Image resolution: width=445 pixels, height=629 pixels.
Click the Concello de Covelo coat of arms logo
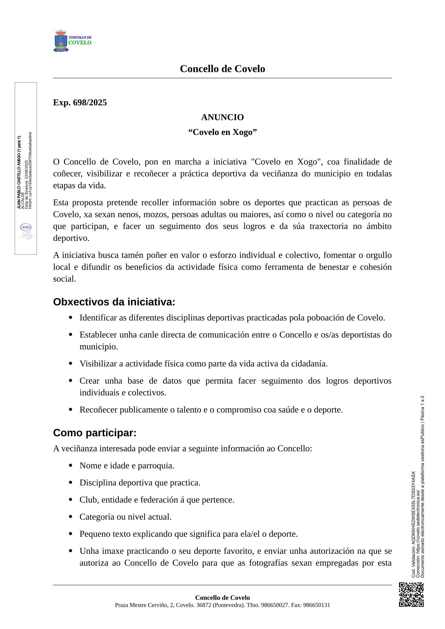pyautogui.click(x=61, y=41)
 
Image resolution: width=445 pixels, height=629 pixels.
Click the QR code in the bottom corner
pyautogui.click(x=411, y=594)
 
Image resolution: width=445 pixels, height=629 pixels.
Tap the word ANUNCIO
pyautogui.click(x=222, y=117)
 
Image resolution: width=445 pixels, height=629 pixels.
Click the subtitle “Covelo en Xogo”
pyautogui.click(x=222, y=132)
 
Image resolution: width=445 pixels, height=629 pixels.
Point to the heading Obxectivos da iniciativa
pyautogui.click(x=114, y=302)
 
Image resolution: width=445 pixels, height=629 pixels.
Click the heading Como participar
pyautogui.click(x=95, y=433)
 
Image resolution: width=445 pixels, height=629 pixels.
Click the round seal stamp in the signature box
pyautogui.click(x=26, y=227)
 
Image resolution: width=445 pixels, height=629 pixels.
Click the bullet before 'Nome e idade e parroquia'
pyautogui.click(x=70, y=466)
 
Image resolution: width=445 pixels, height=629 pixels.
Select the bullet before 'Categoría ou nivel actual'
pyautogui.click(x=70, y=517)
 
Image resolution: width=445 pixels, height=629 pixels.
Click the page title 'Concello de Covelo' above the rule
pyautogui.click(x=222, y=69)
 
